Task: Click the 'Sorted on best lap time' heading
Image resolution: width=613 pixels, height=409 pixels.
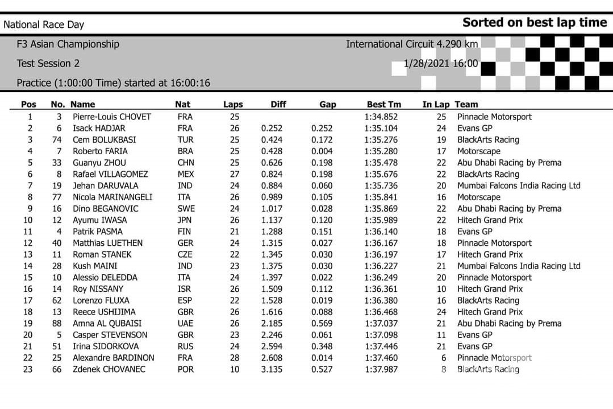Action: tap(535, 23)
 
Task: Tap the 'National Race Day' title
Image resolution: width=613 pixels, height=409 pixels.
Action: tap(44, 25)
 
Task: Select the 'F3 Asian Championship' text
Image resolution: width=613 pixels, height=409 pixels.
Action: tap(68, 44)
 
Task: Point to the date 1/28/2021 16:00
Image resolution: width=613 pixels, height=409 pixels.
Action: tap(441, 64)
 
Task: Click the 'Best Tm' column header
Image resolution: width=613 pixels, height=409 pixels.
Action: tap(384, 105)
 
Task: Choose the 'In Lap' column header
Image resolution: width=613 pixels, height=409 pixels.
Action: tap(436, 105)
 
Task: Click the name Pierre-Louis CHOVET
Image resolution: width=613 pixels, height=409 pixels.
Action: tap(112, 117)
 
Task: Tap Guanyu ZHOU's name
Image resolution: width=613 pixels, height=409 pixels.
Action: tap(100, 163)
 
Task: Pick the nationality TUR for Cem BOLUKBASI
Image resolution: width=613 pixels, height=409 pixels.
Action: tap(185, 140)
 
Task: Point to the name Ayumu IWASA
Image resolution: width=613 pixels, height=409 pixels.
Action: tap(100, 220)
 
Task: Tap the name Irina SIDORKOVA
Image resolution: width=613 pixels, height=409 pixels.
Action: tap(106, 346)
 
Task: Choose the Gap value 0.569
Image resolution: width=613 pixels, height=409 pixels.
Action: tap(322, 324)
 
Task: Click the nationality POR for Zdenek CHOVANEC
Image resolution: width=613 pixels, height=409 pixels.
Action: tap(185, 370)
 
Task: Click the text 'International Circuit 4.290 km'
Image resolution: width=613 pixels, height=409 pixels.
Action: tap(412, 44)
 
